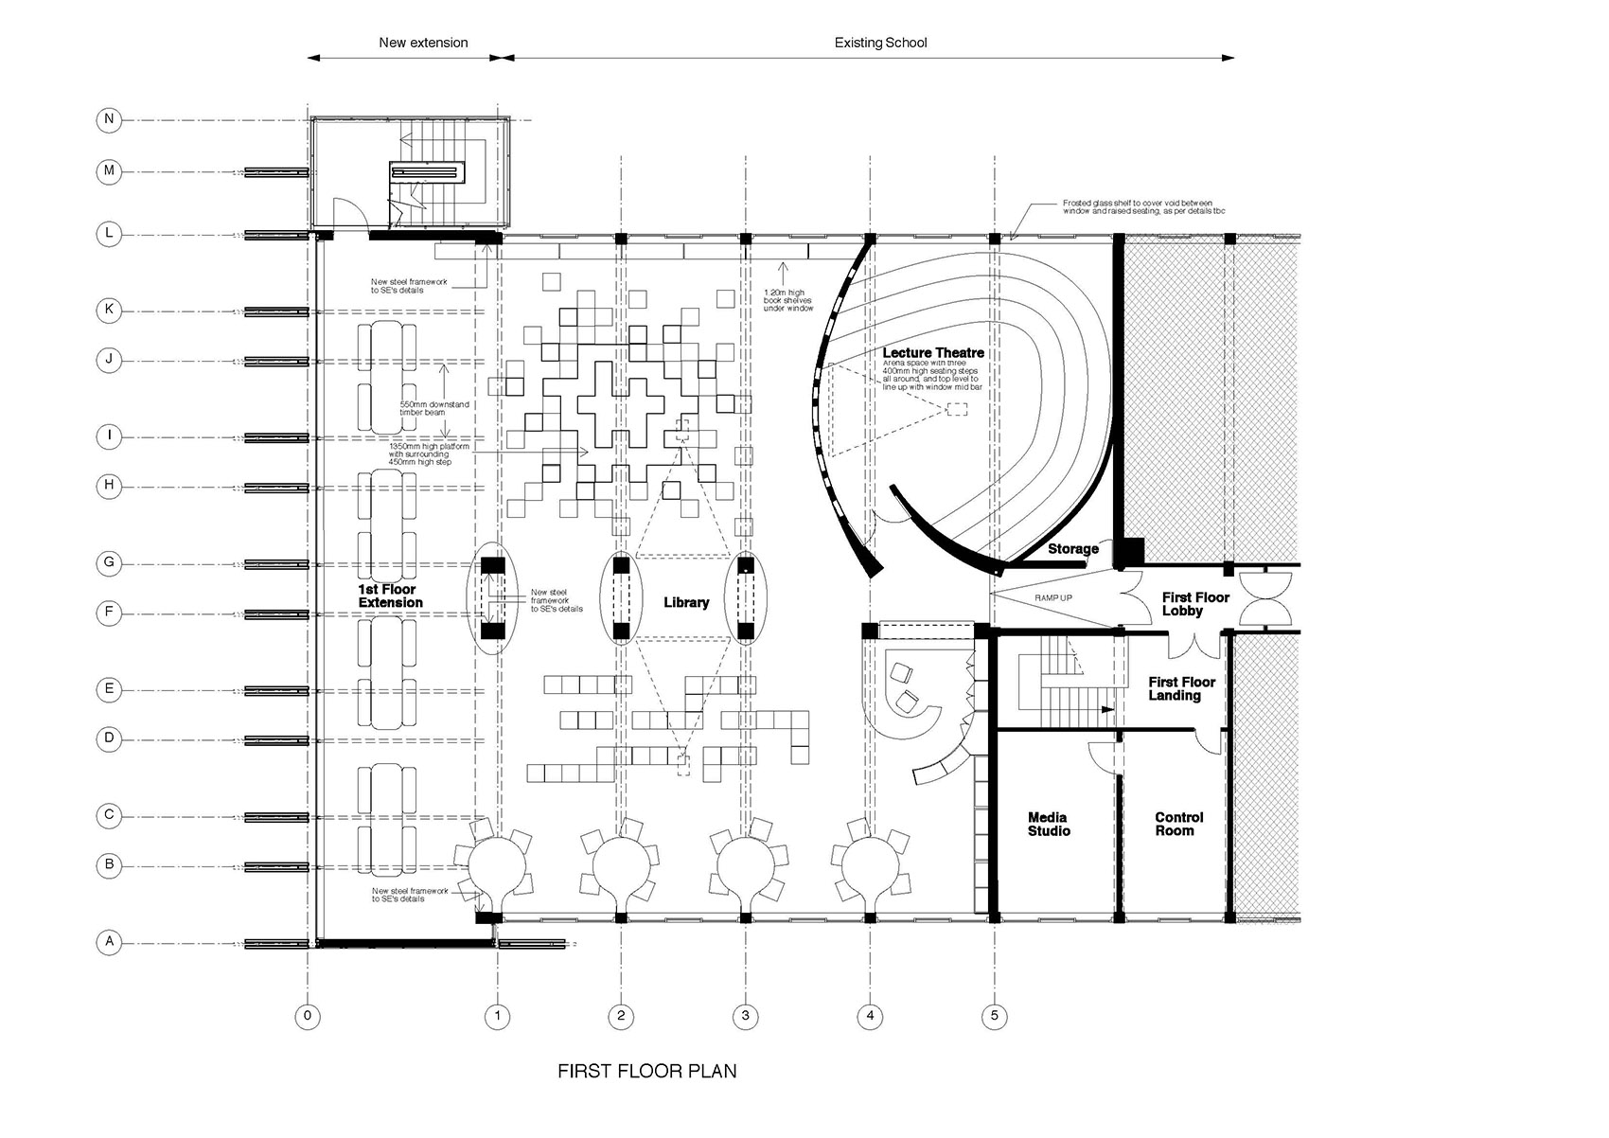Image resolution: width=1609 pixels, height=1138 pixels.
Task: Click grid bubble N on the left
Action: point(109,119)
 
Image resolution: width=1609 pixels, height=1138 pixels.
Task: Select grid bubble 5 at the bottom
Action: point(994,1017)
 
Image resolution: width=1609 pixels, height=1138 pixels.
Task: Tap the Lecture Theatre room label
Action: point(933,353)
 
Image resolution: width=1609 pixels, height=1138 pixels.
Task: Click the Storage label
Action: point(1072,549)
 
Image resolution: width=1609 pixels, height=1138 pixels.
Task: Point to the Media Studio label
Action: point(1049,825)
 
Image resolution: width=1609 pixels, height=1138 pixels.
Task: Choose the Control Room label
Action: point(1178,825)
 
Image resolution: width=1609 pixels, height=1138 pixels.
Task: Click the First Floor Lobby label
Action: point(1194,604)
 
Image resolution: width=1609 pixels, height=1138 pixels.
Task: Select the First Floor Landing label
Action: point(1181,688)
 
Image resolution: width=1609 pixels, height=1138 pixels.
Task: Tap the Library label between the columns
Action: point(686,603)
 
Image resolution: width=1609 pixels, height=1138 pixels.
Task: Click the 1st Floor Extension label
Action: point(390,596)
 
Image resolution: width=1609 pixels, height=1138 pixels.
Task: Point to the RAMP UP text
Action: point(1052,598)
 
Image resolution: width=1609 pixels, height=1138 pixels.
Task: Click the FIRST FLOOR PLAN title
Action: point(646,1072)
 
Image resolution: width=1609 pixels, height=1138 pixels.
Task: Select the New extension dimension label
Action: point(423,43)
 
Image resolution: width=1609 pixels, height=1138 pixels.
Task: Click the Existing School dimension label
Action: point(880,43)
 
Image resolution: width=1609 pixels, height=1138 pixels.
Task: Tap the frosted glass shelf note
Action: point(1142,206)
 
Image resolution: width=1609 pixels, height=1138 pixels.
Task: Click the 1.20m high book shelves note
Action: point(788,300)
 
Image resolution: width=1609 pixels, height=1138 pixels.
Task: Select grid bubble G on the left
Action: point(109,563)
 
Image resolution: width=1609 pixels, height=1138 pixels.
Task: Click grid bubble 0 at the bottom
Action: point(307,1017)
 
